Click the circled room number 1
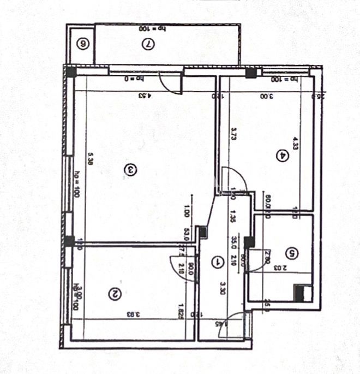(x=219, y=262)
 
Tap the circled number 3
(x=130, y=170)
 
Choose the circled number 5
(x=293, y=253)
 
